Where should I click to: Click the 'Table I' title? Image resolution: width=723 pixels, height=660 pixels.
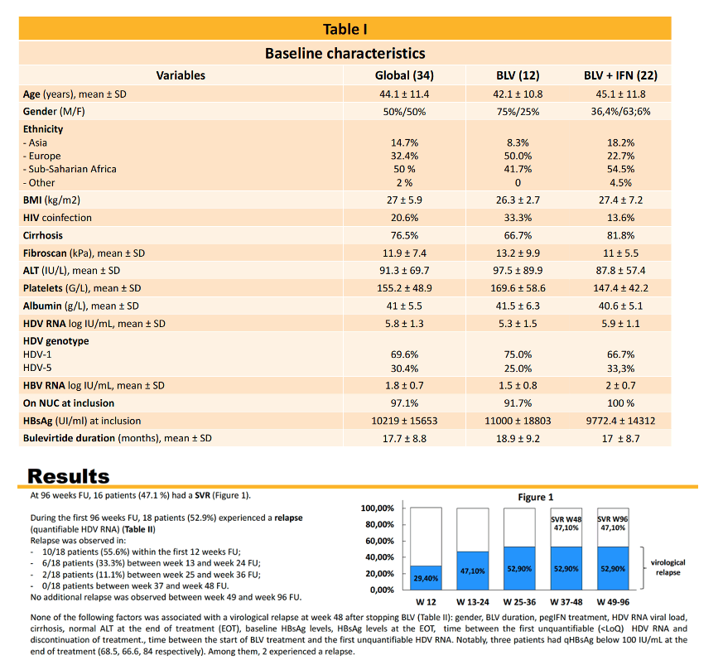click(345, 29)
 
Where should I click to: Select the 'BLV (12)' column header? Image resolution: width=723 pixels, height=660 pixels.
click(518, 75)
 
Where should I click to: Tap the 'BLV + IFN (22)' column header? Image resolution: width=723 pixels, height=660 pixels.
click(620, 75)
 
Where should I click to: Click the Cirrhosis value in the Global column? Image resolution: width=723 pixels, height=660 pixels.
click(404, 235)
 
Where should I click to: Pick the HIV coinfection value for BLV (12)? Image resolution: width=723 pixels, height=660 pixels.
click(518, 218)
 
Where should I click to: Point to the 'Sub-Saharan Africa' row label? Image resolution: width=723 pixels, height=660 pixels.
click(70, 169)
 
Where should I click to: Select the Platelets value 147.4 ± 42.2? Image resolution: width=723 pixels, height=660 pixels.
click(620, 288)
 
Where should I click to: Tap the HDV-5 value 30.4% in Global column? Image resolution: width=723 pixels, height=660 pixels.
click(404, 369)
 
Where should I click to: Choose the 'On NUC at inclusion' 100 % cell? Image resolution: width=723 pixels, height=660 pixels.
click(620, 403)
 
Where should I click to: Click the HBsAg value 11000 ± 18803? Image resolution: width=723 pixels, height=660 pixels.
click(518, 421)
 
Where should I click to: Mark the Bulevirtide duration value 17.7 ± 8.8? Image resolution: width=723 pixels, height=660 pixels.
click(404, 439)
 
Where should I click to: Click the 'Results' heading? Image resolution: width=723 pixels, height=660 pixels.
click(69, 476)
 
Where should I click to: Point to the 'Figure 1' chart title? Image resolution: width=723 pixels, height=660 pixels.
click(535, 497)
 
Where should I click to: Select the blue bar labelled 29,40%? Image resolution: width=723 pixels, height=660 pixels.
click(426, 577)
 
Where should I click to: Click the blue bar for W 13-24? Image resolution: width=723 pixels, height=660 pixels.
click(473, 571)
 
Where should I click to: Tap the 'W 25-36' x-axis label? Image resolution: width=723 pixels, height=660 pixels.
click(519, 602)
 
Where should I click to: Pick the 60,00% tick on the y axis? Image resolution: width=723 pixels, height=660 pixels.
click(380, 541)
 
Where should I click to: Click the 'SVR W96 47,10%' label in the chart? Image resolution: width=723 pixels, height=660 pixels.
click(613, 523)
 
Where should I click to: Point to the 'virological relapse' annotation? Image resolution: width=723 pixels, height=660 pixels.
click(668, 567)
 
